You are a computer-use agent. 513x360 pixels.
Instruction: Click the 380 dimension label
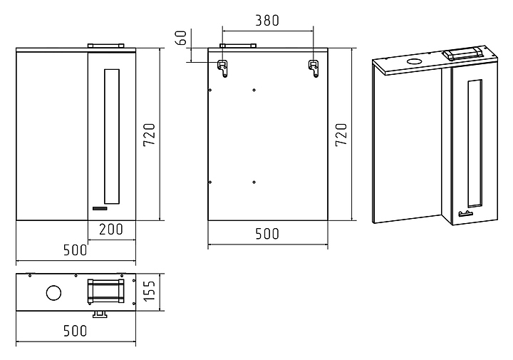click(267, 20)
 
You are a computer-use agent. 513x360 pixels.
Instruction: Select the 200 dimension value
click(111, 230)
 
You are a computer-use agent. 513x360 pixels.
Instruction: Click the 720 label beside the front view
click(149, 135)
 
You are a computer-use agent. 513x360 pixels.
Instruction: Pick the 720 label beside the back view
click(341, 135)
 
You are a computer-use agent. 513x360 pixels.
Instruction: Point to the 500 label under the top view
click(75, 331)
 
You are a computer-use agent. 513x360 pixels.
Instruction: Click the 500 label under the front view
click(75, 250)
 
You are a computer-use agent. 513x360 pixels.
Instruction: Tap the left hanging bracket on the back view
click(224, 68)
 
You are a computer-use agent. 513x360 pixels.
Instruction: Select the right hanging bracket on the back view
click(312, 68)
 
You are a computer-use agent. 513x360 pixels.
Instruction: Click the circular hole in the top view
click(53, 292)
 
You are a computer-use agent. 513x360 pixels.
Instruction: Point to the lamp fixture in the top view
click(105, 292)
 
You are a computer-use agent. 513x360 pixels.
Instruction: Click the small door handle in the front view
click(99, 209)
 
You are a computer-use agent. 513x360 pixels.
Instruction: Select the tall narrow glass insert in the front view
click(112, 135)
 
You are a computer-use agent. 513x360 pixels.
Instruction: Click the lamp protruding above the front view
click(105, 46)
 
